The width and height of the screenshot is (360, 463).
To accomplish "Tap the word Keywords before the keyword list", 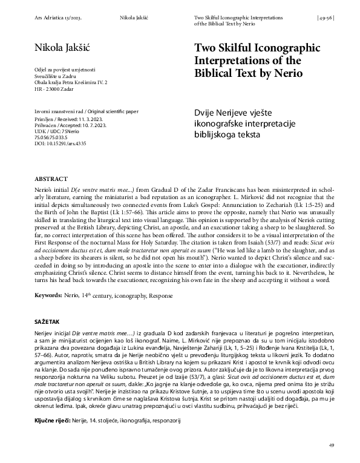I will [49, 297].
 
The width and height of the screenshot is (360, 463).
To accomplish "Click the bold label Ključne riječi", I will [53, 419].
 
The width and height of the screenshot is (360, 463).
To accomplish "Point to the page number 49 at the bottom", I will [332, 445].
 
